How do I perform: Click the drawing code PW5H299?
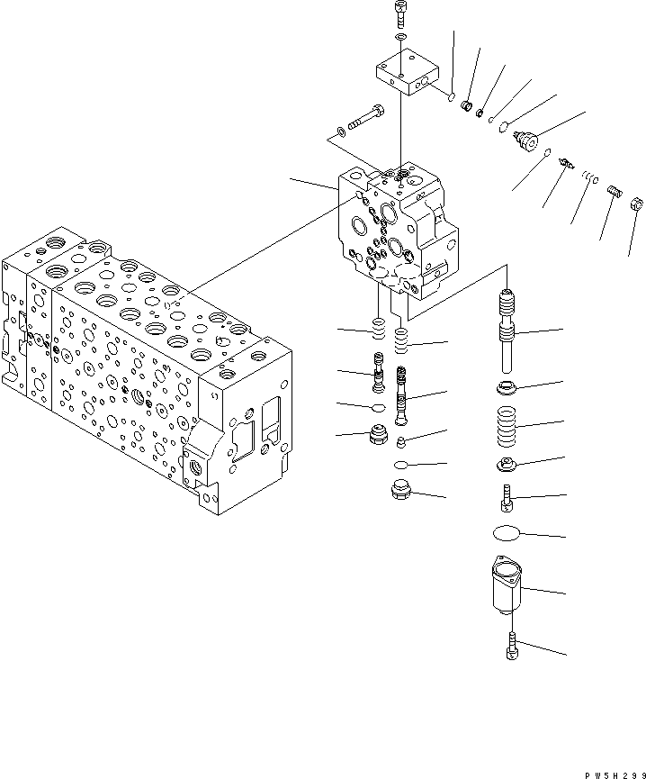point(611,772)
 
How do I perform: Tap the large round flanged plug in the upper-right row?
point(524,140)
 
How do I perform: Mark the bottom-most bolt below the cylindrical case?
point(511,645)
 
